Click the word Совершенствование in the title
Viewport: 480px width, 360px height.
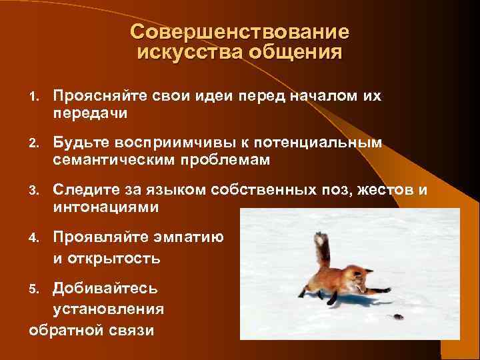(x=239, y=32)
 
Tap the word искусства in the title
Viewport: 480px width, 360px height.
(x=181, y=52)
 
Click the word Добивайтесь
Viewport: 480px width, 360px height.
(x=106, y=287)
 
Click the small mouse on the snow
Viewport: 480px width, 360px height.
(x=397, y=317)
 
